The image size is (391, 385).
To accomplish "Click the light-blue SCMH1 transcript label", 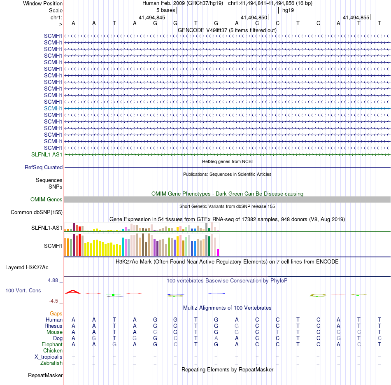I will [x=53, y=108].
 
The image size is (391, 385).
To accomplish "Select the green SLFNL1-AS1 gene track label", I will [x=47, y=154].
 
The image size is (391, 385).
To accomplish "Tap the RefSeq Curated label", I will [x=44, y=168].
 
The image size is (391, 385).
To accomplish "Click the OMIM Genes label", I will [x=47, y=199].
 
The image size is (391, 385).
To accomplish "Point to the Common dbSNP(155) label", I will [x=37, y=212].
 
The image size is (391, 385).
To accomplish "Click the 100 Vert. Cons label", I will [x=23, y=290].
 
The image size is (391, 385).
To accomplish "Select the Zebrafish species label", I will [x=51, y=363].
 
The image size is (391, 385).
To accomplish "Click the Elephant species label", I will [x=52, y=344].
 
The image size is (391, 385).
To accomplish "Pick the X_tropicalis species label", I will [x=49, y=357].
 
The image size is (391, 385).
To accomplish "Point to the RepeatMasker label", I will [x=45, y=375].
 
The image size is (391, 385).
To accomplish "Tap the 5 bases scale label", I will [x=165, y=10].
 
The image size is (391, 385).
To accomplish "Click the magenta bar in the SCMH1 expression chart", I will [x=218, y=252].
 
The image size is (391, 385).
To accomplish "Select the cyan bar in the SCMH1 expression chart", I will [x=123, y=247].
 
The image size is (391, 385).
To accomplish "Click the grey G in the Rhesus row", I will [x=237, y=326].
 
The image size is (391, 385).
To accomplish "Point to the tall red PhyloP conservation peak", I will [x=73, y=292].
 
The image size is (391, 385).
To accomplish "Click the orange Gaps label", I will [x=56, y=313].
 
